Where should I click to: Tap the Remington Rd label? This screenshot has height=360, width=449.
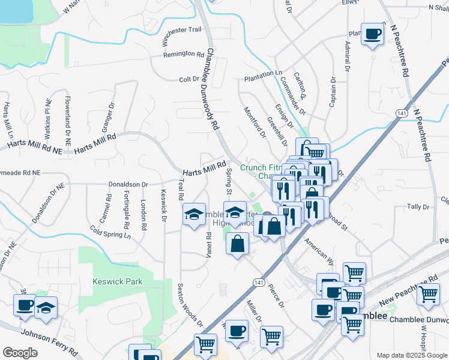tap(184, 55)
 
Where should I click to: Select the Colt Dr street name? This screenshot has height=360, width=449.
tap(188, 79)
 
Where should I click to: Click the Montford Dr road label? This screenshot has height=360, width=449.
tap(254, 122)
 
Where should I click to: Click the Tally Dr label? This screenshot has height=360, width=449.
tap(417, 206)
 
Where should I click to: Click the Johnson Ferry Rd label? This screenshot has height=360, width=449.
tap(49, 341)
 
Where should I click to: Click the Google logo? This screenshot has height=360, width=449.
tap(20, 352)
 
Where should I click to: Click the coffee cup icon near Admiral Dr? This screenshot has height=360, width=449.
tap(372, 34)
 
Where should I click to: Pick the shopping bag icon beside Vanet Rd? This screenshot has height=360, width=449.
tap(238, 244)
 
